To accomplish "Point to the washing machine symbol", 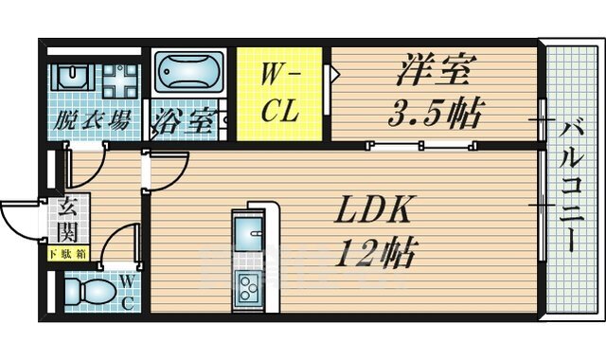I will [121, 81].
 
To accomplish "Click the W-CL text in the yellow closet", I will [280, 92].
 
